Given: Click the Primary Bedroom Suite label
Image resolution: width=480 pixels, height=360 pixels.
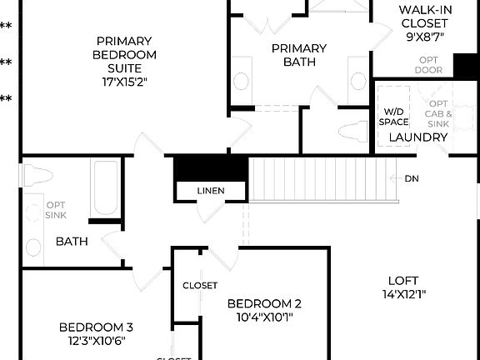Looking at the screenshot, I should (x=123, y=54).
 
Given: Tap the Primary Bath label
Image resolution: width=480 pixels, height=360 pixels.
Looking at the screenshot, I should (x=298, y=54).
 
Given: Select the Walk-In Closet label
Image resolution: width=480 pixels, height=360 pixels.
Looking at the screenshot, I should (x=425, y=23).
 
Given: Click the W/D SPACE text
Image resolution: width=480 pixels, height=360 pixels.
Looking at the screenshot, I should (x=394, y=116).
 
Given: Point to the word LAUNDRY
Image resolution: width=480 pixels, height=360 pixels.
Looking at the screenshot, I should (x=413, y=137).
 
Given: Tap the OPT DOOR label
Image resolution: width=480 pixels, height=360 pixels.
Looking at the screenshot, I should (x=429, y=65).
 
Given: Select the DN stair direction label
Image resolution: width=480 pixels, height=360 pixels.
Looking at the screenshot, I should (x=412, y=178).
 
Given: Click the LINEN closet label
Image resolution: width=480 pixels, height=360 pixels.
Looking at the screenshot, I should (x=211, y=191).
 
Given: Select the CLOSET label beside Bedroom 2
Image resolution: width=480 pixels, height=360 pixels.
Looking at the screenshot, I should (x=200, y=286).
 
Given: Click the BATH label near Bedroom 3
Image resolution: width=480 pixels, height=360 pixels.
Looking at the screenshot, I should (x=72, y=242).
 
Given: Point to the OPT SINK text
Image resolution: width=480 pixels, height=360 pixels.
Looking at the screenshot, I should (x=56, y=210).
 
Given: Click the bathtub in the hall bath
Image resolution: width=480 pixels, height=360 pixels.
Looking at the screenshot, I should (x=105, y=187).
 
